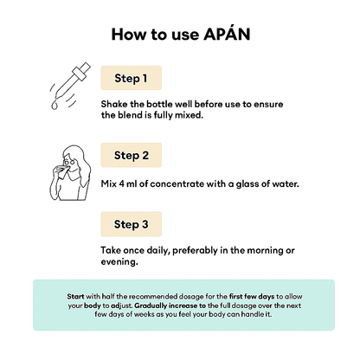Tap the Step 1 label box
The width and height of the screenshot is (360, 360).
(x=132, y=78)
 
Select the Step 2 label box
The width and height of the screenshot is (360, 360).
(x=132, y=155)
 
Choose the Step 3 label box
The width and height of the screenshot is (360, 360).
(x=132, y=224)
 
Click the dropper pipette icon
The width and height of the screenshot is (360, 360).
(x=70, y=86)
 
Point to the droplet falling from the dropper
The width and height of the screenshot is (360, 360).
(x=55, y=106)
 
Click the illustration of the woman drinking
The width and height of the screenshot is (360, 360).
(x=70, y=173)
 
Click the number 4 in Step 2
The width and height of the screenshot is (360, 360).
(x=121, y=183)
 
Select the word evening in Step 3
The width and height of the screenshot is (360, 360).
(x=119, y=262)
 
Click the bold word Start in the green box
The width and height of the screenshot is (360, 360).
(x=75, y=296)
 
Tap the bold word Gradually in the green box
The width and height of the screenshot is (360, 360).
(x=151, y=305)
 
